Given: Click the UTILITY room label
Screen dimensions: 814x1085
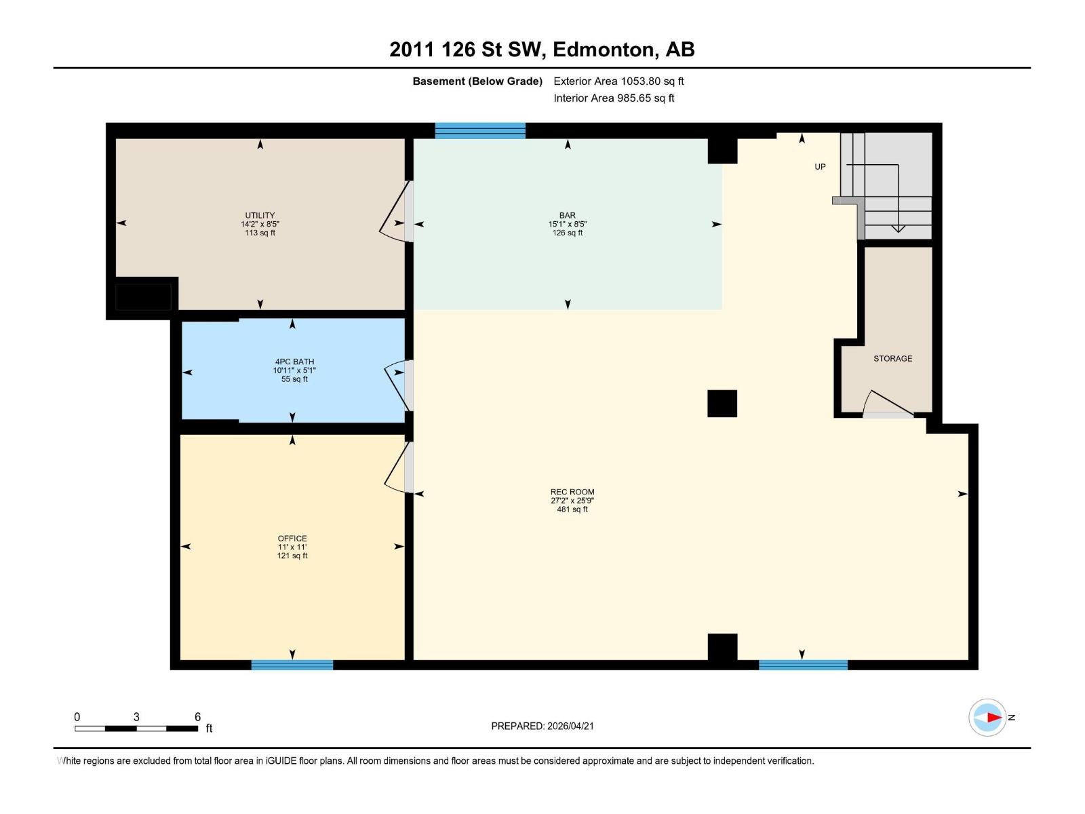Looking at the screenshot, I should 260,215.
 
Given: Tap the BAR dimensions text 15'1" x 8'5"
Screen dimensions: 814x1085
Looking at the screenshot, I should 568,224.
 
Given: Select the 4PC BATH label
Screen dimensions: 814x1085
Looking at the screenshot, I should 294,362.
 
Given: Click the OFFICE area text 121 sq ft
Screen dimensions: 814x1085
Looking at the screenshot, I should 292,556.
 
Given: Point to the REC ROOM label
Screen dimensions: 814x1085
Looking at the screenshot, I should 572,492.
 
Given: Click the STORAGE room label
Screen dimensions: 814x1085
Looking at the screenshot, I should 892,358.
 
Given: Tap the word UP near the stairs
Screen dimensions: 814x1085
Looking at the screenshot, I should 820,167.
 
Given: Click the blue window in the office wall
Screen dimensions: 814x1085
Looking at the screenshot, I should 292,665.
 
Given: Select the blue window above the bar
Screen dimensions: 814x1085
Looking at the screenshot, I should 480,130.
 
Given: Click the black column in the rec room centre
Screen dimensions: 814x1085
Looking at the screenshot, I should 722,404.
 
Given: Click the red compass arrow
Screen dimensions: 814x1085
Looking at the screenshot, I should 993,717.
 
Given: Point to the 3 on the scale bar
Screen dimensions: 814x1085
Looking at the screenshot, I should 136,717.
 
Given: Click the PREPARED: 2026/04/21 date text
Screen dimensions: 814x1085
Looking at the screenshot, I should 542,726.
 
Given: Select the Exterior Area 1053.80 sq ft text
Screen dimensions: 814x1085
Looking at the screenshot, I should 618,81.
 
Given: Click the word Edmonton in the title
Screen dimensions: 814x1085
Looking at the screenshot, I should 604,50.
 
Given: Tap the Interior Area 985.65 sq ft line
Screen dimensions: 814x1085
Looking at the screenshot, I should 614,98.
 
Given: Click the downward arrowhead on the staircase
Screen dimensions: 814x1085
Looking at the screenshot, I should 898,229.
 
